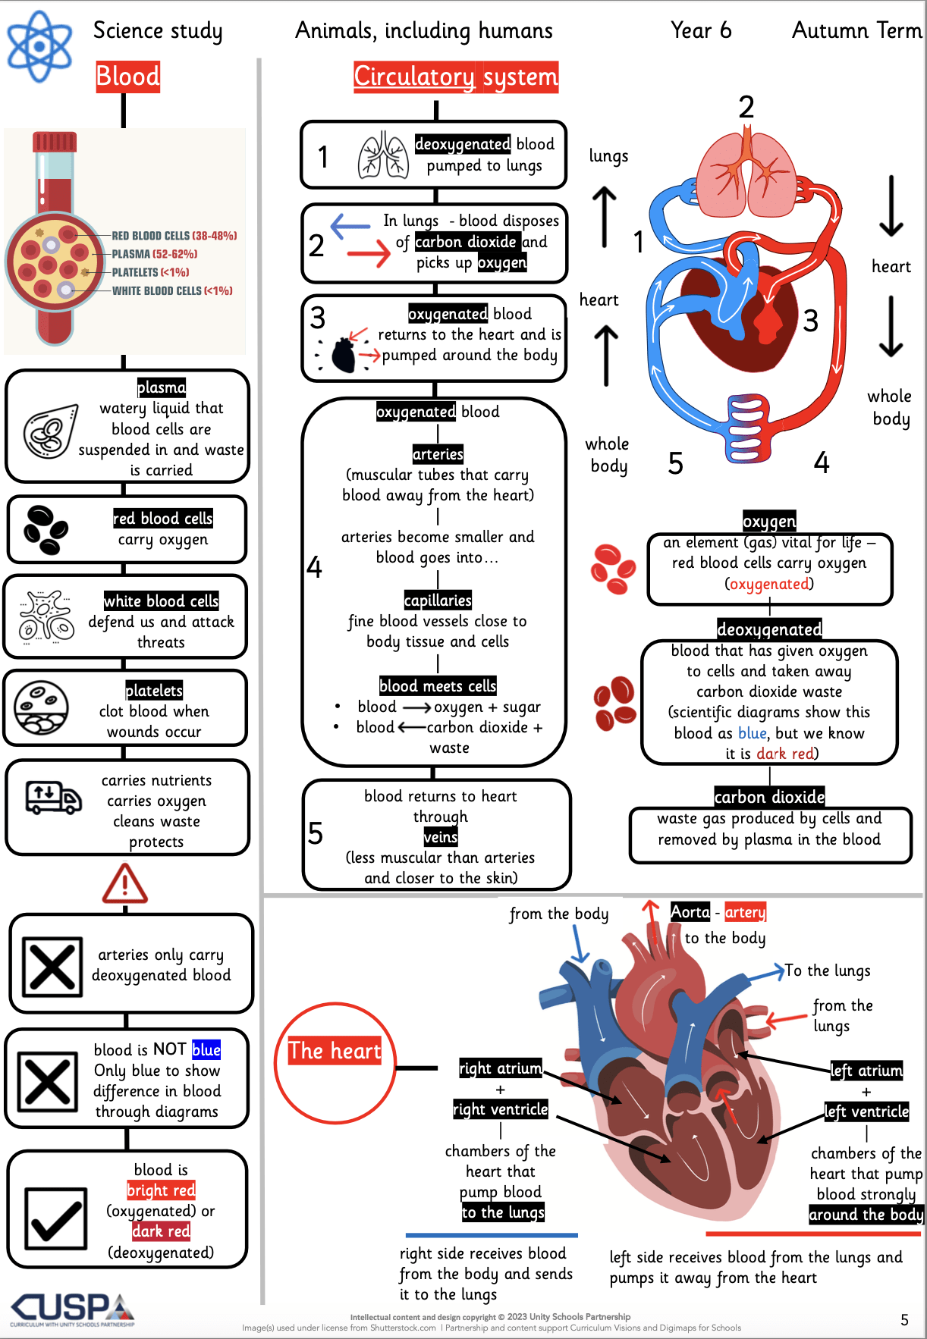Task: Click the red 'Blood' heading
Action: (x=128, y=77)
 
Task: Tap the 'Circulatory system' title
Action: (x=456, y=77)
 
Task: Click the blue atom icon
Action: (x=39, y=46)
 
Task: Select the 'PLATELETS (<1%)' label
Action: (x=150, y=272)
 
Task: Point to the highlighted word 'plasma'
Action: (x=162, y=387)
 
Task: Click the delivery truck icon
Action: (x=53, y=798)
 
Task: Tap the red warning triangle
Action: (x=125, y=884)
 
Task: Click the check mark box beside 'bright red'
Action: (x=55, y=1218)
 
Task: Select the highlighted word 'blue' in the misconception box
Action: (x=206, y=1049)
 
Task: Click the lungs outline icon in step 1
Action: (x=383, y=155)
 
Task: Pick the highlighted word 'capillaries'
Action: (x=438, y=601)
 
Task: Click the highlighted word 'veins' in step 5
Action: (x=441, y=837)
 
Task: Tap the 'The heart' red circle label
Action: (x=335, y=1051)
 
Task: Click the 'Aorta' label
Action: (x=690, y=912)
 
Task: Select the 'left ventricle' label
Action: (x=867, y=1112)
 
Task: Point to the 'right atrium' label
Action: (x=501, y=1068)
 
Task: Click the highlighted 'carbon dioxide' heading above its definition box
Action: (x=769, y=797)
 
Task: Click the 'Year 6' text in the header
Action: (x=701, y=30)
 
